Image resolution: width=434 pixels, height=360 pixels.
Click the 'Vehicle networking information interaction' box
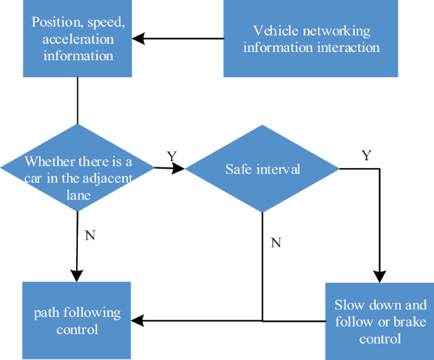[x=311, y=39]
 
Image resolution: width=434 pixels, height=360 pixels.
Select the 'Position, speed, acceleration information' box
[x=77, y=38]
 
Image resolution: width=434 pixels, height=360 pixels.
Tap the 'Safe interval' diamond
[x=262, y=169]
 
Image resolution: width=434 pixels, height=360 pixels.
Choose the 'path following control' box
[x=77, y=321]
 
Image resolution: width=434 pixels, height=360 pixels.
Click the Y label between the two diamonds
[x=171, y=156]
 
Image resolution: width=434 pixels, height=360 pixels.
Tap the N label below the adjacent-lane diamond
[x=89, y=236]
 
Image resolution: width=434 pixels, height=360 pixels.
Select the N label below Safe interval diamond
[x=276, y=243]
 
